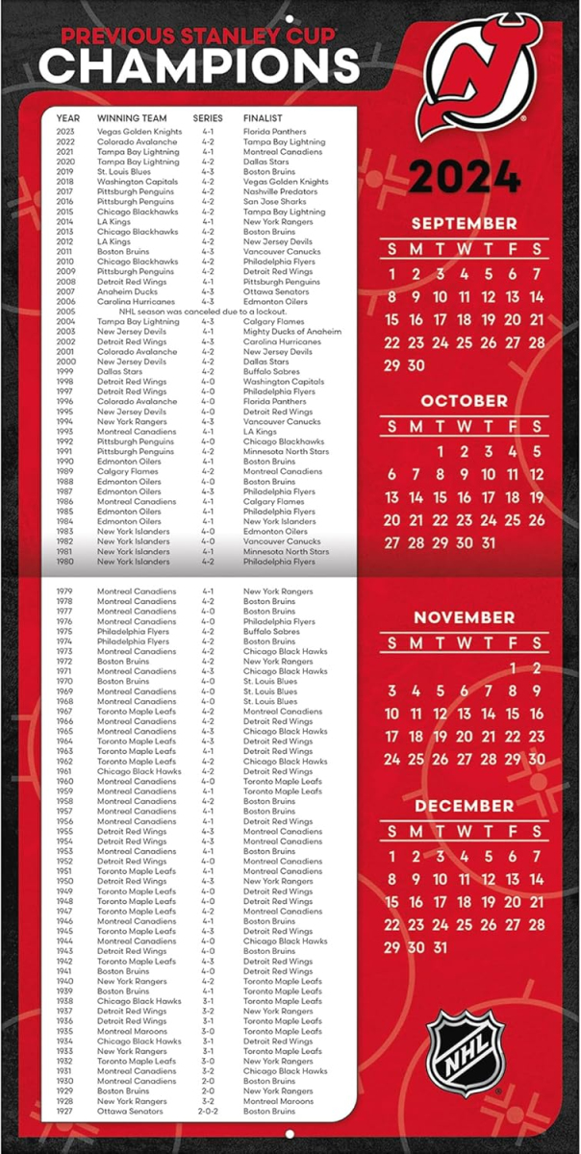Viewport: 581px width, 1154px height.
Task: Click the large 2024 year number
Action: click(x=465, y=177)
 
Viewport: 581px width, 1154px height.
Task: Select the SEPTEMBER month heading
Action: click(x=465, y=224)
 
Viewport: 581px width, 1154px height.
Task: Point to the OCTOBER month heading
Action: click(x=465, y=401)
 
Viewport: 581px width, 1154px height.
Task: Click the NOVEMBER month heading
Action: click(x=465, y=617)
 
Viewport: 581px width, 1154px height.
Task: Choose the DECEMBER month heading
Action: click(x=465, y=805)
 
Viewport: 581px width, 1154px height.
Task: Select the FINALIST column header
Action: click(x=262, y=118)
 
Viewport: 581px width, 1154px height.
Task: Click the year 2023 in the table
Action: click(x=65, y=132)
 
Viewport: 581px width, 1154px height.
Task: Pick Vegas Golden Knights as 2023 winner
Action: click(x=139, y=132)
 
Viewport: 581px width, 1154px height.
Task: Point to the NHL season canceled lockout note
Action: click(x=192, y=312)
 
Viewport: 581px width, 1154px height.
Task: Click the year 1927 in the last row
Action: click(x=65, y=1111)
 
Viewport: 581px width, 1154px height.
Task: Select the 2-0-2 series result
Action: click(x=208, y=1111)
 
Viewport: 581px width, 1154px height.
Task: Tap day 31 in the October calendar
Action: click(x=489, y=542)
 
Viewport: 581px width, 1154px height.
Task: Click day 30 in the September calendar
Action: click(x=416, y=365)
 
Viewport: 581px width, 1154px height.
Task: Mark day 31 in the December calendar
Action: click(x=440, y=947)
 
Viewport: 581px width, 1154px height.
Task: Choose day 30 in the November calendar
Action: click(x=537, y=760)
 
